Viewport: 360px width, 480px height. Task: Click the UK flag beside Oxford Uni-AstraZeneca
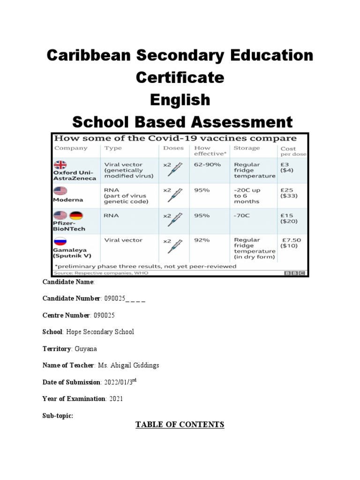coord(60,164)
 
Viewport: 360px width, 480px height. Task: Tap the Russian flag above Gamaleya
coord(60,241)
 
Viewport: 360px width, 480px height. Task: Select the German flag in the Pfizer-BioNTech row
coord(76,216)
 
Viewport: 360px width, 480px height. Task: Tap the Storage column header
coord(247,148)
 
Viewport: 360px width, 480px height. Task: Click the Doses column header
coord(173,148)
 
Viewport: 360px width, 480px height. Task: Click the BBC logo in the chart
coord(294,273)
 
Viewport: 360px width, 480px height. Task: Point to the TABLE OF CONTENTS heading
coord(180,425)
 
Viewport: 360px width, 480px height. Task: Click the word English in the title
coord(180,100)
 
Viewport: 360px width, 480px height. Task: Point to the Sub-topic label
coord(58,415)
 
